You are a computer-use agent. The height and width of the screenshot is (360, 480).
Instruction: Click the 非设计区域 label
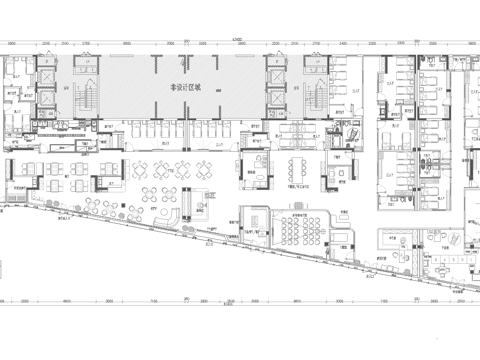185,88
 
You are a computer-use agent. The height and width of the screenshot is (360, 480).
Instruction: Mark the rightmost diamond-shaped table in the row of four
206,168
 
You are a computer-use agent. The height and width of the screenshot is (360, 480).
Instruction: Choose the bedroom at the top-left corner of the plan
17,75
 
